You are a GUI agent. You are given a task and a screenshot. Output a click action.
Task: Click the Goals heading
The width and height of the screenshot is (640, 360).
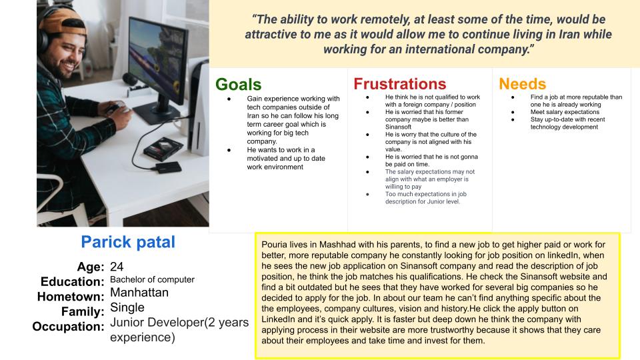(239, 85)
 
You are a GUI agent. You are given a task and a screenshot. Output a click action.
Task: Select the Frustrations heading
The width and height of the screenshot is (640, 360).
(400, 84)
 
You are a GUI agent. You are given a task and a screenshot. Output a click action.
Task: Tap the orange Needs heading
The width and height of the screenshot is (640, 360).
(522, 84)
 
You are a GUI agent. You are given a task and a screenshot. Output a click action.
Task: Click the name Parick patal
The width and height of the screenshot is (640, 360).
(128, 242)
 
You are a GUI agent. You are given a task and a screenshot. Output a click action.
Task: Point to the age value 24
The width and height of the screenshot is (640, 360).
(117, 267)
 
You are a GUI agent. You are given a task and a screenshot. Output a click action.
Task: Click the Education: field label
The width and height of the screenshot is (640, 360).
(72, 281)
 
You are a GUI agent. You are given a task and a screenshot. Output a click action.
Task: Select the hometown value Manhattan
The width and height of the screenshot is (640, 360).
(139, 293)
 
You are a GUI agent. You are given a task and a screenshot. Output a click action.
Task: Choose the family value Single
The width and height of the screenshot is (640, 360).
(127, 307)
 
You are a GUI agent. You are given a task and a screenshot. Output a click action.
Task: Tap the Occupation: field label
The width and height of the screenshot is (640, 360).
(68, 327)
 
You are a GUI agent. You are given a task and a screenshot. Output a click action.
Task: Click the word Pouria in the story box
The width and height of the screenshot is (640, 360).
(274, 245)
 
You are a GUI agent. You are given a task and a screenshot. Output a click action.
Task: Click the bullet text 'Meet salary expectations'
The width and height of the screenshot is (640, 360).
(565, 112)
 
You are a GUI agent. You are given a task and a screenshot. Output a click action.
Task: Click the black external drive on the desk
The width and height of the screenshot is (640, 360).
(169, 167)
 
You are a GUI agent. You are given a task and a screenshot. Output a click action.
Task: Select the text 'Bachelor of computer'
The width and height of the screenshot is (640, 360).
(152, 279)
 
